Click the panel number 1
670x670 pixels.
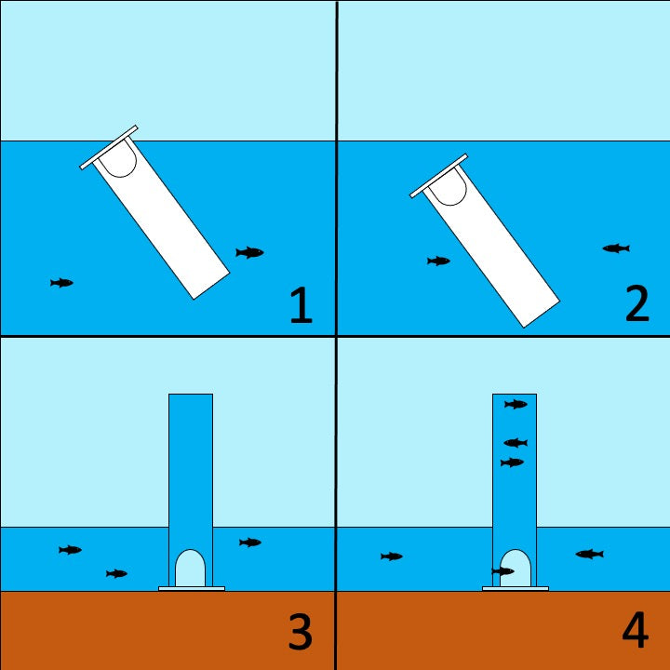pos(301,304)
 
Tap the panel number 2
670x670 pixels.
pos(637,303)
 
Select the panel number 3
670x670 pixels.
pos(300,632)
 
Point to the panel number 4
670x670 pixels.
pos(636,630)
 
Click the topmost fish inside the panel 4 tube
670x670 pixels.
pos(516,404)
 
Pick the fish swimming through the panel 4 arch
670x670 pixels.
pos(502,570)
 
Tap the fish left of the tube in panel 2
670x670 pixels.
pos(438,261)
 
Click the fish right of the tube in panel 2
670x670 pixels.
pos(616,248)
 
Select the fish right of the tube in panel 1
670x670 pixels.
pos(249,252)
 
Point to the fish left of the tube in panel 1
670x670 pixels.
pos(62,283)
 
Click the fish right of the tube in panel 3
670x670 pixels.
pos(250,543)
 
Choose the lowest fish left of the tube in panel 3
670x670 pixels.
pos(116,573)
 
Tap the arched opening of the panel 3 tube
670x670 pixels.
pos(190,569)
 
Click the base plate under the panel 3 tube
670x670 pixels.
pos(192,588)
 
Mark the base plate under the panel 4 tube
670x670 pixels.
pos(516,588)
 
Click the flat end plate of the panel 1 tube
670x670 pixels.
pos(109,147)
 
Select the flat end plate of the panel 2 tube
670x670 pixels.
pos(439,176)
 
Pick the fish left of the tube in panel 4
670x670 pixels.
pos(392,556)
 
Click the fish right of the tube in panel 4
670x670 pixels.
pos(590,555)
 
